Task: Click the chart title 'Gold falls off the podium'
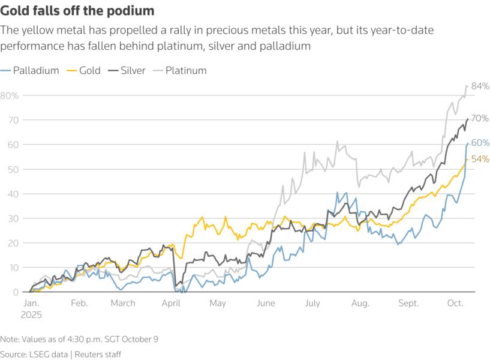click(x=77, y=11)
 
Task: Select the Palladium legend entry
click(x=37, y=70)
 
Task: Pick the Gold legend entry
click(x=90, y=70)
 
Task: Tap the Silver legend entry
click(x=133, y=70)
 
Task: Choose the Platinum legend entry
click(x=185, y=70)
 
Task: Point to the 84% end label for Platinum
click(x=480, y=86)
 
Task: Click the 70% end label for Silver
click(x=480, y=119)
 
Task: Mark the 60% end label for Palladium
click(x=480, y=143)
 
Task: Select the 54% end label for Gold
click(x=480, y=159)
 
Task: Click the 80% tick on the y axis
click(x=10, y=95)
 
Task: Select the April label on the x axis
click(x=172, y=304)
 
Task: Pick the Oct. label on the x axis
click(x=455, y=304)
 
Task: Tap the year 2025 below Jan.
click(x=31, y=314)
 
